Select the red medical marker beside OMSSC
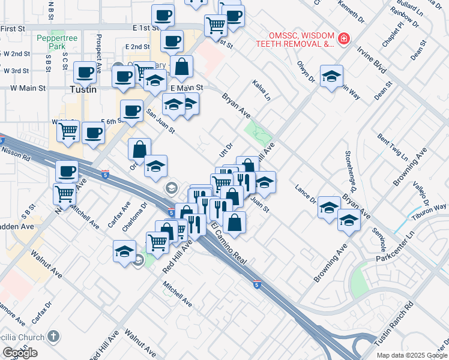(343, 39)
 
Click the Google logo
(20, 353)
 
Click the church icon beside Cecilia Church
(53, 337)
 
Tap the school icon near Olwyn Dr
(331, 76)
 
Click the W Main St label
(28, 88)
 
